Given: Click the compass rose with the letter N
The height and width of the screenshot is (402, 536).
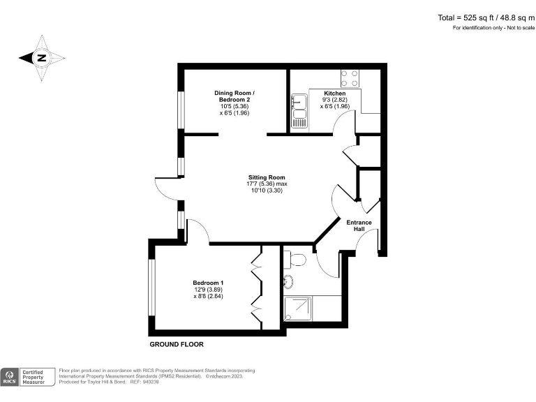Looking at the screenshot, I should click(42, 58).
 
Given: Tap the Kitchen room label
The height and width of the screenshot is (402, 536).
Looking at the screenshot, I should click(334, 94).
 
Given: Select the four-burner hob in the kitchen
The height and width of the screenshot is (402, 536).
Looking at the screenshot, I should click(349, 77).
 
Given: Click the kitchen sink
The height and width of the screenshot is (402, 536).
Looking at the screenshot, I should click(299, 112).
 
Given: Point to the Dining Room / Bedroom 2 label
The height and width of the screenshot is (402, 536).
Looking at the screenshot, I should click(234, 96).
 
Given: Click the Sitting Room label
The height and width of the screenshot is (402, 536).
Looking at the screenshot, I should click(267, 177).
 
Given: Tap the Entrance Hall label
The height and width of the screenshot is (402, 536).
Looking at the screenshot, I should click(360, 225).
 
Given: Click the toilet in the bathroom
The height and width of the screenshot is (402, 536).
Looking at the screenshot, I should click(298, 260).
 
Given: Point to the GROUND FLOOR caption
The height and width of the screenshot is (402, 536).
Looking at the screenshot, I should click(177, 344).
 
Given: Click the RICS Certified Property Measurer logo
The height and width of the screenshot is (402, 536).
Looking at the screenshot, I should click(28, 377).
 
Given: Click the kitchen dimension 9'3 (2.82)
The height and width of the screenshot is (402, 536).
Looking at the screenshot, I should click(334, 100).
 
